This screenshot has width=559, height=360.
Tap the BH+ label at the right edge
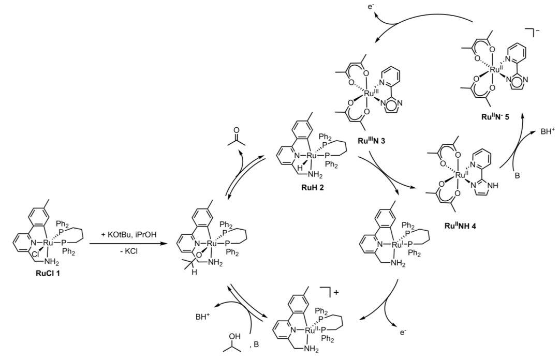coord(546,132)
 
